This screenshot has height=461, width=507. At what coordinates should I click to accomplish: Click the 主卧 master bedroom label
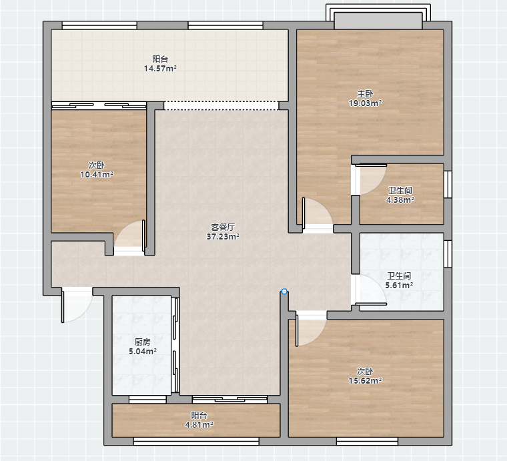[365, 94]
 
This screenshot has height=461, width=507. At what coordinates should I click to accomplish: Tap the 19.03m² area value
[365, 103]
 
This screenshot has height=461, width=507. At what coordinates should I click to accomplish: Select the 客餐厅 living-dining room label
[223, 227]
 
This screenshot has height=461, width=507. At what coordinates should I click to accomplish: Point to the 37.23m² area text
[223, 236]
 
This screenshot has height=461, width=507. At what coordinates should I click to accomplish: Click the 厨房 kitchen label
[143, 342]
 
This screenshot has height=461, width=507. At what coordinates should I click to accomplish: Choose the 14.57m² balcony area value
[160, 68]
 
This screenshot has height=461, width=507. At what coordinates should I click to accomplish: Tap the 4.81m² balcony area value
[199, 424]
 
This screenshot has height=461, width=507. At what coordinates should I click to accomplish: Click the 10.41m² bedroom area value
[97, 175]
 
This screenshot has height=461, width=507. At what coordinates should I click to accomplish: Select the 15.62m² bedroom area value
[365, 380]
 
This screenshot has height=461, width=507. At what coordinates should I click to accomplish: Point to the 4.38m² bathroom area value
[400, 199]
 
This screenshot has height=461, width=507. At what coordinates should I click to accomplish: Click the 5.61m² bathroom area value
[399, 285]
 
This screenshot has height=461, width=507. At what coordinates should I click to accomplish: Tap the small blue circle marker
[284, 292]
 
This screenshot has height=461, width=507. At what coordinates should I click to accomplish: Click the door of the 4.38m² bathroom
[370, 179]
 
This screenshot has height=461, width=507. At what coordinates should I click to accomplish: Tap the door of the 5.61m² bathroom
[370, 290]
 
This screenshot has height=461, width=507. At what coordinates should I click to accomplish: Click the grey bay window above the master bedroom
[378, 21]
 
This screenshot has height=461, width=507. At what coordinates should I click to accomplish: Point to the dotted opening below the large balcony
[221, 105]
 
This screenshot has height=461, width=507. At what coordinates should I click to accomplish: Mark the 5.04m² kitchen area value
[143, 351]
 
